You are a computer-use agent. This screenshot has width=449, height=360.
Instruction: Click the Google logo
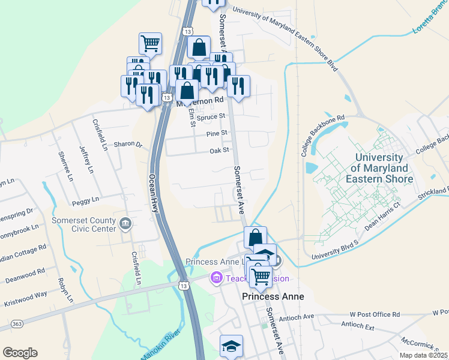pyautogui.click(x=20, y=353)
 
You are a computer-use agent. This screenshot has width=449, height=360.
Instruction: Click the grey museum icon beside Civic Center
pyautogui.click(x=125, y=224)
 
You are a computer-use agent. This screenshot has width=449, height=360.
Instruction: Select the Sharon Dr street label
pyautogui.click(x=128, y=145)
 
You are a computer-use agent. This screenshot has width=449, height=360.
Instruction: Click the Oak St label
pyautogui.click(x=219, y=151)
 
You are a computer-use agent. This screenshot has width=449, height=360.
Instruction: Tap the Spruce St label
pyautogui.click(x=213, y=117)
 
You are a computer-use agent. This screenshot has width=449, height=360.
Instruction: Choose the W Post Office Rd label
pyautogui.click(x=375, y=314)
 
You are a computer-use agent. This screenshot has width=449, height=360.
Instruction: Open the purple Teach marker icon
pyautogui.click(x=215, y=278)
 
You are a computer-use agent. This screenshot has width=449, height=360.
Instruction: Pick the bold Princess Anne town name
pyautogui.click(x=273, y=297)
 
